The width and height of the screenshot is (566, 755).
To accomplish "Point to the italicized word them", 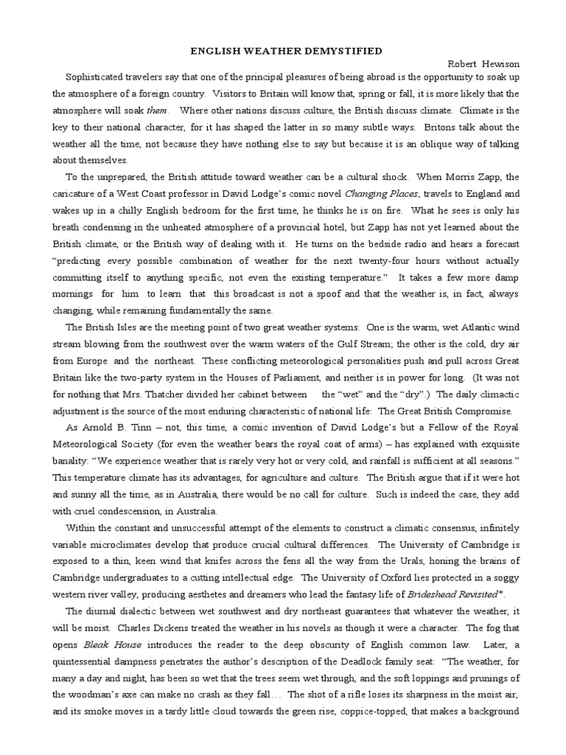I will click(158, 109).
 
